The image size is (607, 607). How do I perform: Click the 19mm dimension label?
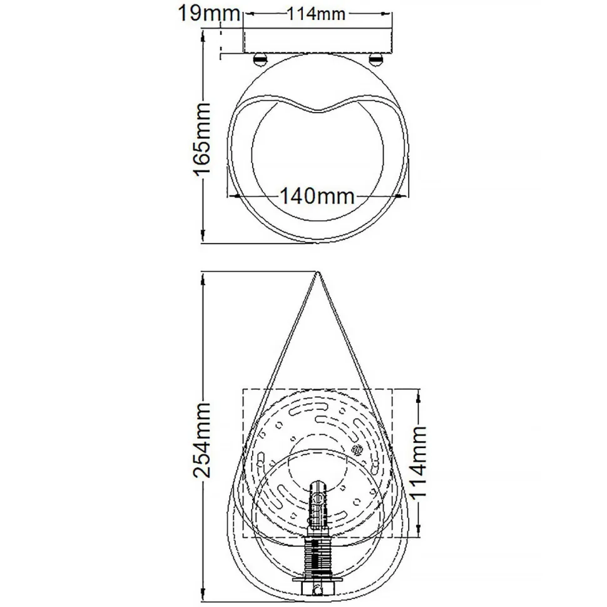click(200, 13)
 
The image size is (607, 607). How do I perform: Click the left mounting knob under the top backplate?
click(260, 60)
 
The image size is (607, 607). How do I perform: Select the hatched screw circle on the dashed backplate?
click(358, 450)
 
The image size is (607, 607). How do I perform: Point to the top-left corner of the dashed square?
click(243, 390)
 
